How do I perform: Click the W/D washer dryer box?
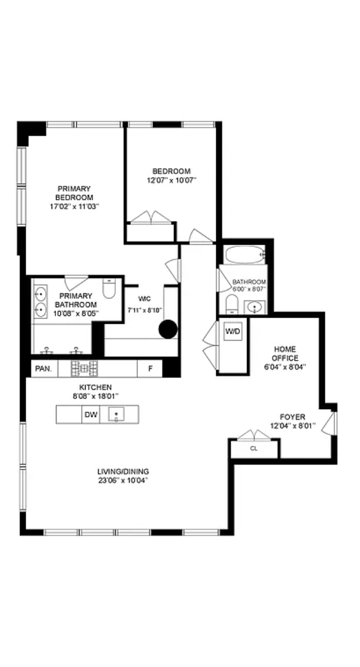(233, 331)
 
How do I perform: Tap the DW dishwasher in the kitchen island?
(91, 414)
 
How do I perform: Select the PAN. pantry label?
(43, 369)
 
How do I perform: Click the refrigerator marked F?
(150, 369)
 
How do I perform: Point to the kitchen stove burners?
(84, 369)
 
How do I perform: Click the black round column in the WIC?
(168, 329)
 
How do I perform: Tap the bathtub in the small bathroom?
(244, 255)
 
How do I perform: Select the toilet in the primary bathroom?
(109, 288)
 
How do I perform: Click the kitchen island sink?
(116, 414)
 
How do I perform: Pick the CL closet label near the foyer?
(254, 449)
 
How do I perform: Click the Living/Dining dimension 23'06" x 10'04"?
(123, 481)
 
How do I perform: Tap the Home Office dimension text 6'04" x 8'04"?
(285, 367)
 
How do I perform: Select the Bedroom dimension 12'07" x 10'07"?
(172, 180)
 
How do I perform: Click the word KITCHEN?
(95, 387)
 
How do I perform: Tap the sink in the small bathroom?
(254, 307)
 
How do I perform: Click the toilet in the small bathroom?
(232, 304)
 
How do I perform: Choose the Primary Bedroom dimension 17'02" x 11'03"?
(74, 206)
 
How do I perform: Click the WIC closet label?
(144, 298)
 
